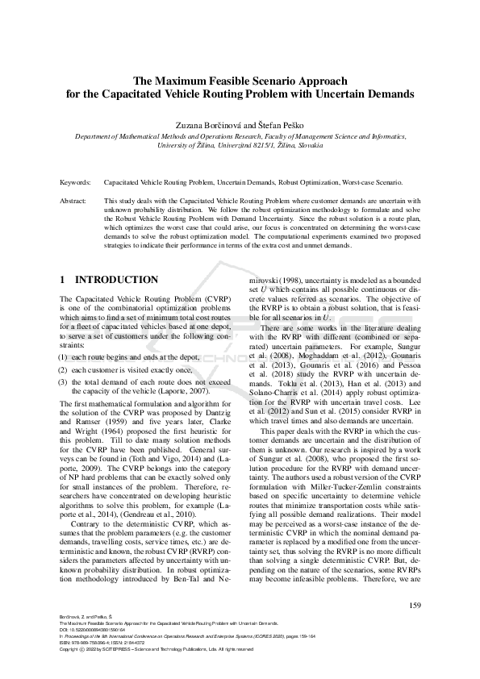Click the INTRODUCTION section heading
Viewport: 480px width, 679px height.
116,280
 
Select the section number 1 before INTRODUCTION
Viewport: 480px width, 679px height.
64,280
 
